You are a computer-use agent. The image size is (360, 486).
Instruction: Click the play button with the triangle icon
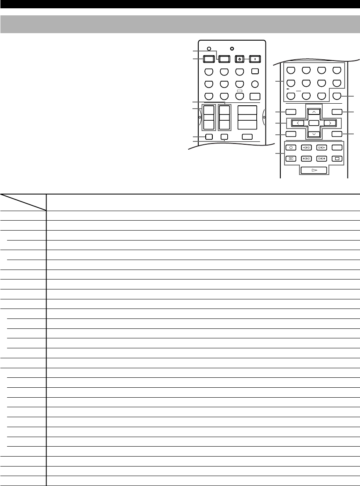(314, 170)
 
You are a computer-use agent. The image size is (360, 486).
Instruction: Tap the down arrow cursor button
(314, 134)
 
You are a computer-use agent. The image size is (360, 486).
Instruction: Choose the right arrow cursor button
(330, 123)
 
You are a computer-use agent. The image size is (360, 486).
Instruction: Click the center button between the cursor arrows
(314, 123)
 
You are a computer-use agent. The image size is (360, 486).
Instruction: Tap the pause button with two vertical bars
(290, 158)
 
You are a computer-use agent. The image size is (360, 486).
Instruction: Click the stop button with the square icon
(337, 158)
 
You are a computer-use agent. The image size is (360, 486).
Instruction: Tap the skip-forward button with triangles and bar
(321, 158)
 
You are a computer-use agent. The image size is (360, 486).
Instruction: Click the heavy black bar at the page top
(180, 4)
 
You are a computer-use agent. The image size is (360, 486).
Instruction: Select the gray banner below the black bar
(180, 24)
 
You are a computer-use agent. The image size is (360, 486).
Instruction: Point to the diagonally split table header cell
(23, 202)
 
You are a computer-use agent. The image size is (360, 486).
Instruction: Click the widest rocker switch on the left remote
(247, 118)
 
